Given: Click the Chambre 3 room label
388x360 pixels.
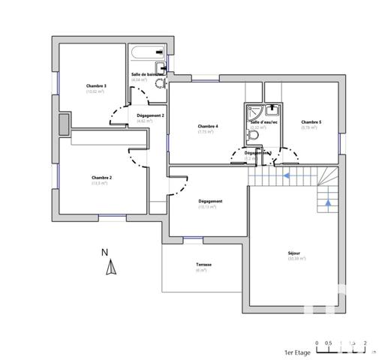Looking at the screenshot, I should click(x=96, y=86).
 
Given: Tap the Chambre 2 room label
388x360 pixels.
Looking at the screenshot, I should click(x=101, y=177).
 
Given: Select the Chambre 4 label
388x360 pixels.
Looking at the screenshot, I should click(x=207, y=126).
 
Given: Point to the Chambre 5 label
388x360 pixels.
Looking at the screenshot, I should click(x=311, y=121).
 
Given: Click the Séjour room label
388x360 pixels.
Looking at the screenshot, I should click(x=293, y=253).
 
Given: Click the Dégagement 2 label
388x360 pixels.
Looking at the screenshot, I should click(x=150, y=115).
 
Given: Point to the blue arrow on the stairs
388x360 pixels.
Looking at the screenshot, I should click(x=288, y=177).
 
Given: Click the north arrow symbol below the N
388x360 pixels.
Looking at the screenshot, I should click(x=110, y=268).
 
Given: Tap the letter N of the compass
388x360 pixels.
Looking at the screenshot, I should click(x=105, y=252).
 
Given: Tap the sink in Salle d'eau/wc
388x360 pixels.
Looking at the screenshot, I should click(x=268, y=110).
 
